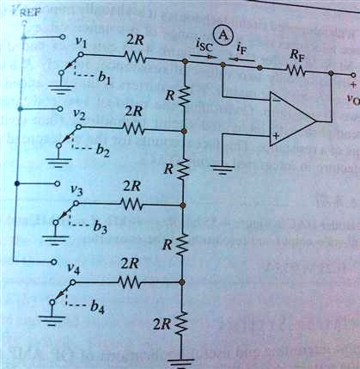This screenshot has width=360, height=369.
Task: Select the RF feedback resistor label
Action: click(296, 53)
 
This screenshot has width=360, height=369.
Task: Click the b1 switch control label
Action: click(106, 79)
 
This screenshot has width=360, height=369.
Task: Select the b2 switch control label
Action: click(103, 151)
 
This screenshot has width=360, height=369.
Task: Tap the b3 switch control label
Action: click(101, 226)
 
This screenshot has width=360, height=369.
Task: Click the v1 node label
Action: click(80, 40)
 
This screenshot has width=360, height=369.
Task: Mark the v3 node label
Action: click(77, 191)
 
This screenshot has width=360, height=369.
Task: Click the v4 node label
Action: click(75, 272)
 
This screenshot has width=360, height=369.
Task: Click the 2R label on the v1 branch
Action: click(135, 41)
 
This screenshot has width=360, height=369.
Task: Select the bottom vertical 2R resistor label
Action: click(160, 324)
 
